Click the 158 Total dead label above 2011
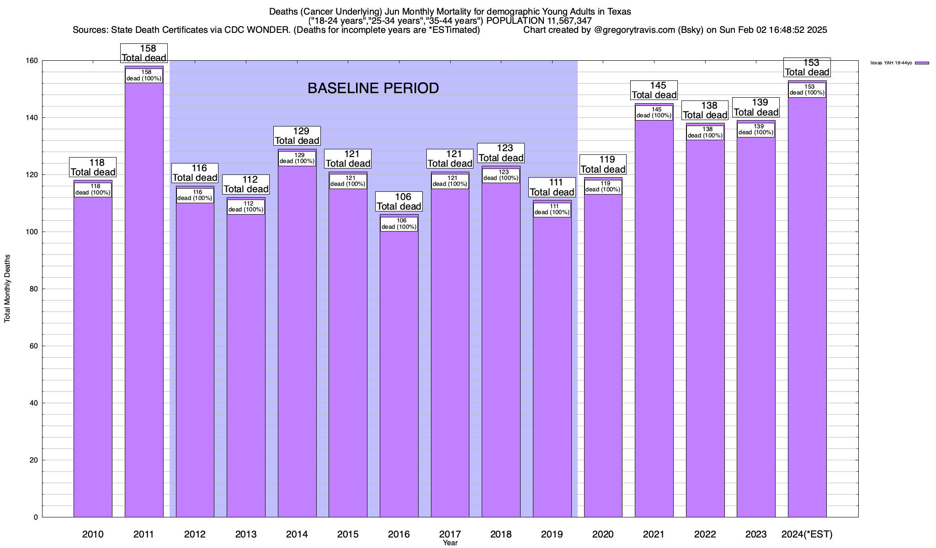[144, 53]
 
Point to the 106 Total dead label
[399, 201]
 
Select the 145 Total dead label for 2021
[654, 90]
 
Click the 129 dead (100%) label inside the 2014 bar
[297, 158]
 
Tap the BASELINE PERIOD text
[373, 88]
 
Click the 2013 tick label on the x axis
[246, 534]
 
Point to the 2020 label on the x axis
[603, 534]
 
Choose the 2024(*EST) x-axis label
[807, 534]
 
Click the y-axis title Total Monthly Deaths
[7, 289]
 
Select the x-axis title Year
[450, 543]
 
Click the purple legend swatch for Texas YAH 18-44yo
[922, 63]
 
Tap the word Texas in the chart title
[619, 11]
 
